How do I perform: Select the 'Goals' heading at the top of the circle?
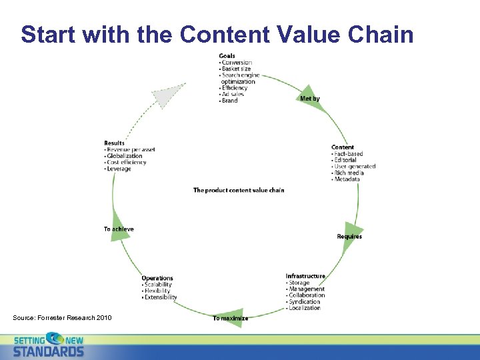(x=227, y=56)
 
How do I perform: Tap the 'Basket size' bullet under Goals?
(x=237, y=69)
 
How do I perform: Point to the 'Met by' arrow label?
(x=310, y=99)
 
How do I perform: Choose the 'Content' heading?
(x=343, y=147)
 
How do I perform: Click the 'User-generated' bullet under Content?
(x=355, y=167)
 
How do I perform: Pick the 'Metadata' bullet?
(x=347, y=179)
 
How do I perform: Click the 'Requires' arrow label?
(x=349, y=237)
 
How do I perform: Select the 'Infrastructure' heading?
(x=305, y=276)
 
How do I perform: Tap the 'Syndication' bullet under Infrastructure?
(x=305, y=301)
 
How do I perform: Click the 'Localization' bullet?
(x=305, y=308)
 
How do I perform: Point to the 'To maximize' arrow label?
(x=231, y=319)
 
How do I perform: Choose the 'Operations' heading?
(x=157, y=278)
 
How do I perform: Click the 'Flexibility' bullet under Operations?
(x=157, y=291)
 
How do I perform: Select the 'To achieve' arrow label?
(x=119, y=229)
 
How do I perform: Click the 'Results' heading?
(x=114, y=143)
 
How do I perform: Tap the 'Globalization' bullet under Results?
(x=125, y=156)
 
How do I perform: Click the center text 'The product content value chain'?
(x=239, y=191)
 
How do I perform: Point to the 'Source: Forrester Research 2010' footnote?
(x=62, y=317)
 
